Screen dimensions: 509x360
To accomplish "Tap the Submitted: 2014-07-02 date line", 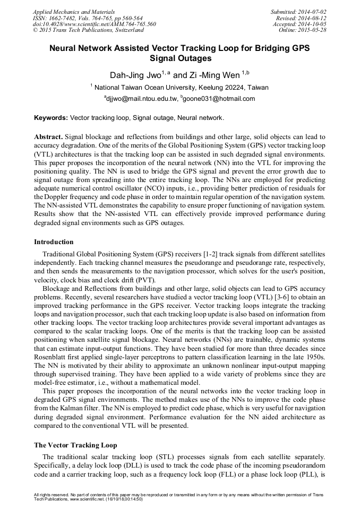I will (298, 11).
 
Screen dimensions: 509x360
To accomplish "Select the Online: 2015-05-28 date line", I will (303, 30).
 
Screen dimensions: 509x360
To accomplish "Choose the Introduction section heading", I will (54, 242).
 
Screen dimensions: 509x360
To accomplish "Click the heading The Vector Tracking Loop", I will (75, 445).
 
